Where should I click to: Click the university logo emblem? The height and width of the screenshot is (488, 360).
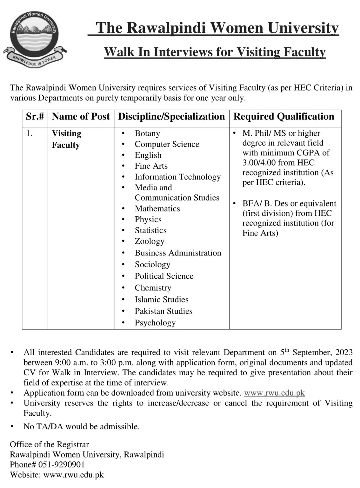click(34, 38)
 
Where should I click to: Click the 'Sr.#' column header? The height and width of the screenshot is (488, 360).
click(35, 117)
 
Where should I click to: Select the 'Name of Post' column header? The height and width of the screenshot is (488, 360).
click(81, 117)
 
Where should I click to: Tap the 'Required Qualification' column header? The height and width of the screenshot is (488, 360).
click(284, 117)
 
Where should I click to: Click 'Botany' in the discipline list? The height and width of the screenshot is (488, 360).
click(147, 133)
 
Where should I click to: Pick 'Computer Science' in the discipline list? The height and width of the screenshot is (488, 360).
click(167, 144)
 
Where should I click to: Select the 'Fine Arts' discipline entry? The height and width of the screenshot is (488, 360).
click(151, 166)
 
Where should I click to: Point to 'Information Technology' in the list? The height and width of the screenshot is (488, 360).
click(177, 177)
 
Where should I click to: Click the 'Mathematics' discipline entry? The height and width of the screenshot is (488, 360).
click(157, 209)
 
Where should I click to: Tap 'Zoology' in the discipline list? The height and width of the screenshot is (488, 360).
click(150, 241)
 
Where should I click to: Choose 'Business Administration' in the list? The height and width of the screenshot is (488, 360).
click(178, 253)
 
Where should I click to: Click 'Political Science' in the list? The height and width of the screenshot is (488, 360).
click(164, 276)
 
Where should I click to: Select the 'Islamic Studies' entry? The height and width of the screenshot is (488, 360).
click(162, 300)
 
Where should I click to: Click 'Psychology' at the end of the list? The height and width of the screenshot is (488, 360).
click(155, 323)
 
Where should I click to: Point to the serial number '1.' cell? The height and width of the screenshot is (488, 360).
click(29, 133)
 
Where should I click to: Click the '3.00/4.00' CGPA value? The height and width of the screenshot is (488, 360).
click(259, 163)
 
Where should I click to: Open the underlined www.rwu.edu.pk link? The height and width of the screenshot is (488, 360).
click(274, 393)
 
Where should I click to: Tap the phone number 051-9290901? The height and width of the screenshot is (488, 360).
click(62, 464)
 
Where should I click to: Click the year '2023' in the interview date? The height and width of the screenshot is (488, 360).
click(344, 352)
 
